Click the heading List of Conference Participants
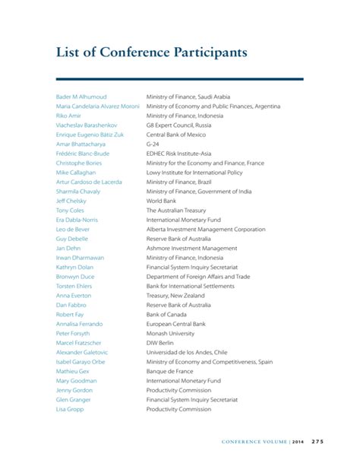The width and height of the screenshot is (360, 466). (x=152, y=53)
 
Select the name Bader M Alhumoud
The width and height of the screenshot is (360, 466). (x=81, y=97)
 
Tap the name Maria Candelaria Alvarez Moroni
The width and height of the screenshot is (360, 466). (x=97, y=106)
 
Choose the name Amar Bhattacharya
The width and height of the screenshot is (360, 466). (x=81, y=144)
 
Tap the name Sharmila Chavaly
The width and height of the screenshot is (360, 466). (x=78, y=192)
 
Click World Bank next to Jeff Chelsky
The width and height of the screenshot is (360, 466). (x=161, y=201)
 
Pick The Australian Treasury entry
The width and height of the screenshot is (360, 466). (x=175, y=211)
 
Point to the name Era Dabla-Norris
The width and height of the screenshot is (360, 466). (x=77, y=220)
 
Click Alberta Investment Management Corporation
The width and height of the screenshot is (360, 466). (x=205, y=229)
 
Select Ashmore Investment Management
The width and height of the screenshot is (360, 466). (x=191, y=248)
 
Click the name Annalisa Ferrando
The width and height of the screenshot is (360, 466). (x=79, y=324)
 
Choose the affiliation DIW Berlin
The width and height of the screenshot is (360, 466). (x=161, y=343)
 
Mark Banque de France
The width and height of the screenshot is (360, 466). (x=170, y=371)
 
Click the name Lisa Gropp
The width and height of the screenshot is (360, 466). (x=70, y=409)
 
